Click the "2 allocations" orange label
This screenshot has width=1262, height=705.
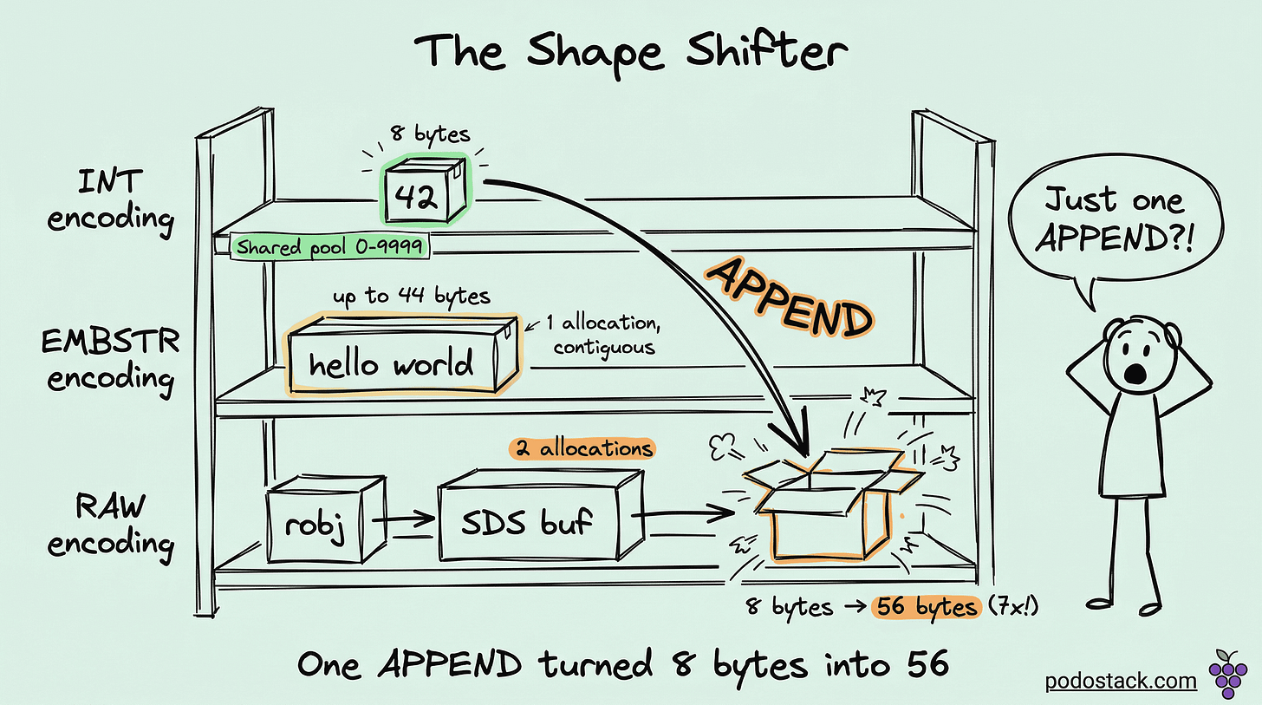(x=580, y=449)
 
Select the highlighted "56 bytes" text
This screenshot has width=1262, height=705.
(x=924, y=607)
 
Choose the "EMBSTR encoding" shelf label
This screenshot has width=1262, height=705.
(x=110, y=360)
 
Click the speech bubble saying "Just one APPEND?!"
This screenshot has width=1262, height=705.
(x=1112, y=223)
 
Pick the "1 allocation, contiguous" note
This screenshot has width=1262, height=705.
(x=597, y=335)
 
